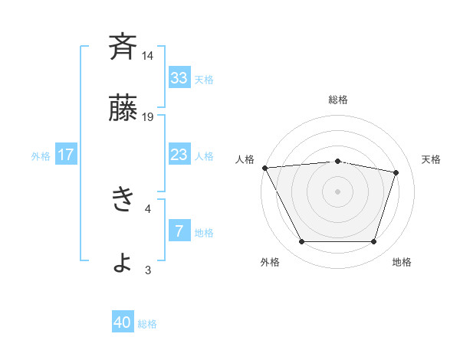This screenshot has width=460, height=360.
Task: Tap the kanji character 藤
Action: point(123,109)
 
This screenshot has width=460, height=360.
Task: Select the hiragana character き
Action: point(123,200)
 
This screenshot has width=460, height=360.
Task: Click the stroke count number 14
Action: point(148,56)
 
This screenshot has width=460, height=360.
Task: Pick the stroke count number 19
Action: point(148,117)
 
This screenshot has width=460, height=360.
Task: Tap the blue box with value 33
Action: point(179,78)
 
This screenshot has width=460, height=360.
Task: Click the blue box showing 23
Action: point(179,155)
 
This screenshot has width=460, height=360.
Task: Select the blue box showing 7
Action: point(179,231)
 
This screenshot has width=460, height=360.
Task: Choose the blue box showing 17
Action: point(66,155)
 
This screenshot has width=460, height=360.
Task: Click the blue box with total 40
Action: point(123,323)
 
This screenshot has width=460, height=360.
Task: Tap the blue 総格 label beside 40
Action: point(147,324)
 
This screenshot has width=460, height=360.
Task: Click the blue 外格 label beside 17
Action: point(41,155)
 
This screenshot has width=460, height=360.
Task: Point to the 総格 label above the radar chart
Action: point(338,100)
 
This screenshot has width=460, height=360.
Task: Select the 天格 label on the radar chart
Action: point(432,159)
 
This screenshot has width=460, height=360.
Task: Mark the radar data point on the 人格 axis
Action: point(264,168)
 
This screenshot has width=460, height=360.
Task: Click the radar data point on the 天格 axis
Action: point(396,172)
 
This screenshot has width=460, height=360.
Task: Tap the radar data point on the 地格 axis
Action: point(374,242)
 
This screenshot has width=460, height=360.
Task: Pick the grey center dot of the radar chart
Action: point(338,191)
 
